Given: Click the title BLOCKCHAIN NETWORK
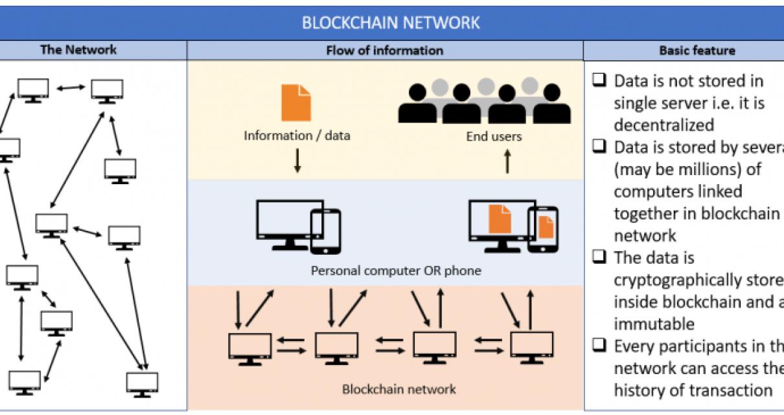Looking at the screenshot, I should click(391, 23).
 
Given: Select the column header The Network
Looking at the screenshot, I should click(78, 50).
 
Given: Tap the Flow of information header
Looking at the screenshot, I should click(385, 51).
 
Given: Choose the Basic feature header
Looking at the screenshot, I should click(697, 51).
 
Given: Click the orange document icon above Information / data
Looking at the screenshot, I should click(296, 103).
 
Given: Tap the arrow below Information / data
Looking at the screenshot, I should click(297, 160).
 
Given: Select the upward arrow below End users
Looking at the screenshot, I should click(507, 160).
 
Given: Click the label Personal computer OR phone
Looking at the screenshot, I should click(397, 270).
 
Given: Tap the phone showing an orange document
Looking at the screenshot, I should click(543, 230).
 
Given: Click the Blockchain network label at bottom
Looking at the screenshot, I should click(398, 390).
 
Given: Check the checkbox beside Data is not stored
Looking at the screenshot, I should click(599, 81).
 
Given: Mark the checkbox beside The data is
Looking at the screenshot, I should click(599, 257).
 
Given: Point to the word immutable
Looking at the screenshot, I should click(654, 324).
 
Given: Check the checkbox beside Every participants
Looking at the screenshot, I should click(599, 346).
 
